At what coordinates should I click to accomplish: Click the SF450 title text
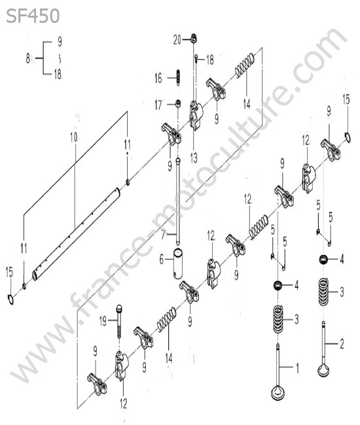[33, 16]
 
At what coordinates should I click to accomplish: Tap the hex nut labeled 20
[194, 39]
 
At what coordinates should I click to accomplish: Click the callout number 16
[158, 78]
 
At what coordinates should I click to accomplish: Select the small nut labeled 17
[178, 103]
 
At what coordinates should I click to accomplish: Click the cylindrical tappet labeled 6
[178, 263]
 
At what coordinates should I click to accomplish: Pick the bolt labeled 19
[119, 321]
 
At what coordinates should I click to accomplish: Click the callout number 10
[74, 138]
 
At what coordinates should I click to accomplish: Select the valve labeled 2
[324, 348]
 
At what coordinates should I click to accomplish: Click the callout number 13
[194, 158]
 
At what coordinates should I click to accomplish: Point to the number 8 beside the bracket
[28, 58]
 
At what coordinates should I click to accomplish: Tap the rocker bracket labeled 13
[196, 115]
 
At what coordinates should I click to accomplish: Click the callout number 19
[103, 322]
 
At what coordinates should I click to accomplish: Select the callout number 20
[177, 40]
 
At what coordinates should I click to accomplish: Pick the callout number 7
[162, 235]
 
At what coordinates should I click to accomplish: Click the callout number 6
[162, 260]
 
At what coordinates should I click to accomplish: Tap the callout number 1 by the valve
[297, 368]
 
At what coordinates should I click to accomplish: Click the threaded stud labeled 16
[178, 78]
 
